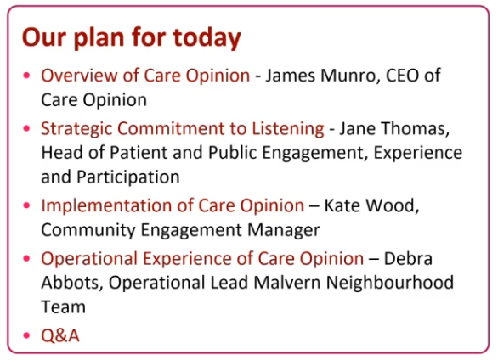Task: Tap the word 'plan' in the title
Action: coord(99,38)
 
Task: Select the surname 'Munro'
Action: coord(351,76)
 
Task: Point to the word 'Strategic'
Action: coord(76,129)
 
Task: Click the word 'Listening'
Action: coord(288,129)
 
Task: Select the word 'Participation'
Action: coord(128,177)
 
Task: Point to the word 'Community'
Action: coord(88,230)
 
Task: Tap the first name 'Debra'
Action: coord(408,258)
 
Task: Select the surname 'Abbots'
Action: coord(72,283)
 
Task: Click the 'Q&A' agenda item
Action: coord(60,336)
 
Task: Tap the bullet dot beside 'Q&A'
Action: coord(26,335)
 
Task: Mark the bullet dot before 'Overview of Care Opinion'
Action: coord(26,76)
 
